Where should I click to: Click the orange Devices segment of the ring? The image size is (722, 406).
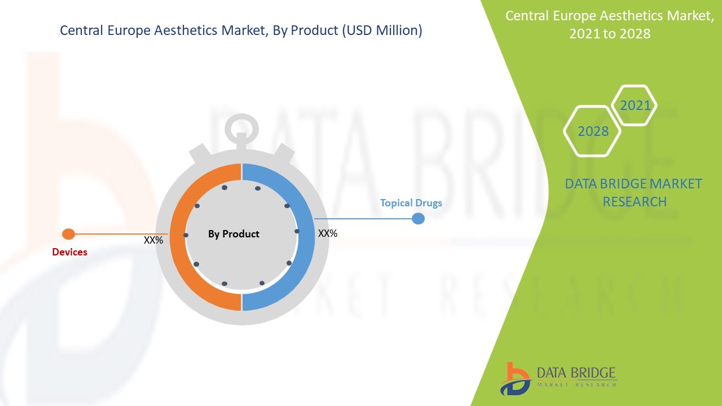click(x=178, y=237)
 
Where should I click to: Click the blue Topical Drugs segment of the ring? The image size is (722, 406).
click(x=306, y=237)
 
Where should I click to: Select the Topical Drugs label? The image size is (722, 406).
click(x=411, y=203)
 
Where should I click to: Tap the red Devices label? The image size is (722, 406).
click(x=69, y=252)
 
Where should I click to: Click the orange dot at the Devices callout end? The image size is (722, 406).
click(x=68, y=234)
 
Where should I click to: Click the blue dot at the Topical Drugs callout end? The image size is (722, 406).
click(x=418, y=218)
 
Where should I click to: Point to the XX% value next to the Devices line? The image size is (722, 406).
click(x=153, y=240)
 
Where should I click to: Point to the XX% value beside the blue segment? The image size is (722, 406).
click(x=328, y=233)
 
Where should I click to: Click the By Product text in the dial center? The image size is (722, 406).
click(x=234, y=234)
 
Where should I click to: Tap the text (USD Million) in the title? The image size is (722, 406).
click(x=382, y=30)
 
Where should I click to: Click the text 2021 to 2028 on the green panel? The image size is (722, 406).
click(x=610, y=33)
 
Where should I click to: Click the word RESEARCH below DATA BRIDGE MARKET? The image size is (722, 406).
click(x=635, y=202)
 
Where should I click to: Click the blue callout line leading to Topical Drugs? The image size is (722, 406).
click(x=363, y=219)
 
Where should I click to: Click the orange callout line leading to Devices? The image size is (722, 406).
click(x=121, y=234)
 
